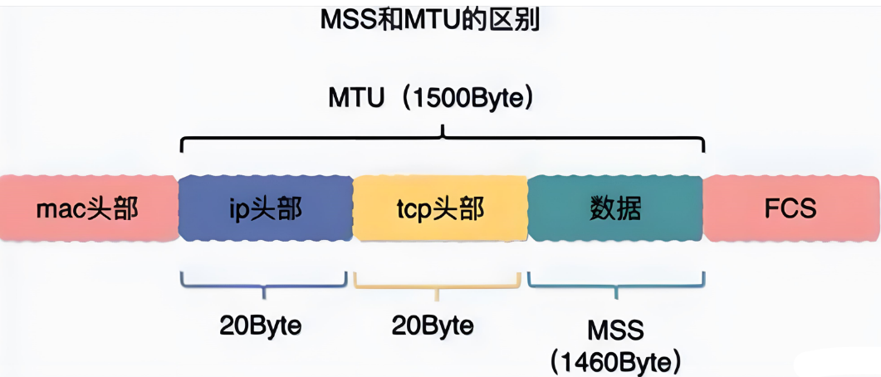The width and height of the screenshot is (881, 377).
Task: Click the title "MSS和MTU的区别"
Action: click(430, 19)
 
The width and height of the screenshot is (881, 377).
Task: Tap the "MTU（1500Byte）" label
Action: click(430, 99)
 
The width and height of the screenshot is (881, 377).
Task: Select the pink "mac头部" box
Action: click(87, 208)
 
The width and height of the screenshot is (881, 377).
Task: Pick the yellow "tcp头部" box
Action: click(440, 208)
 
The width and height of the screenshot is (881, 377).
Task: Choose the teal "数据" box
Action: click(615, 208)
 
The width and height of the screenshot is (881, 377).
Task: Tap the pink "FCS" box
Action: click(790, 208)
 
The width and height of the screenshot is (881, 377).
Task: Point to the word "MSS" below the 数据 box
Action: click(615, 330)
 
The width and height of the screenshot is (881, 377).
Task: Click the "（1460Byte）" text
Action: click(615, 361)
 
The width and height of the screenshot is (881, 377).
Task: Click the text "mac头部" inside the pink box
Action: click(87, 208)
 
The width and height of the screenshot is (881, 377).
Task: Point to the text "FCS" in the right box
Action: click(790, 208)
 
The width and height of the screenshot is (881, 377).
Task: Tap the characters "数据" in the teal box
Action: click(615, 208)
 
